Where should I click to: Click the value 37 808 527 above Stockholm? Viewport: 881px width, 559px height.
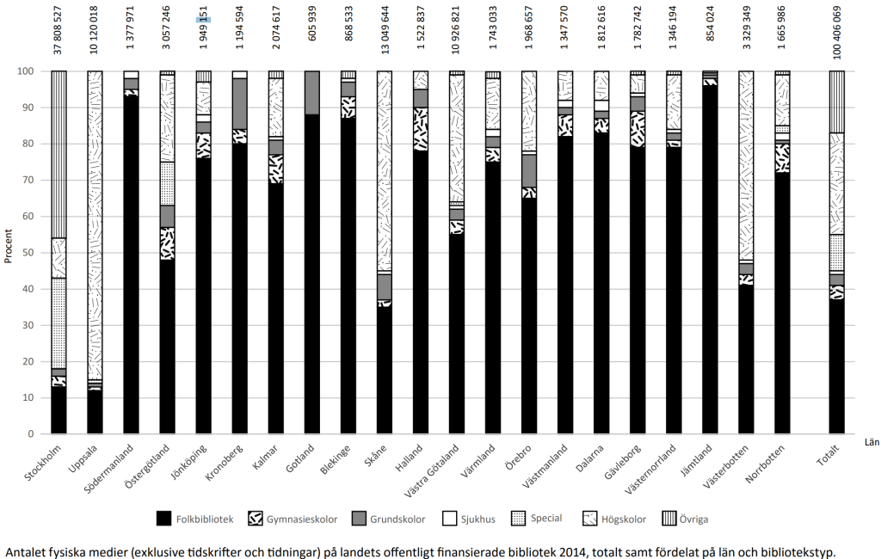tap(59, 31)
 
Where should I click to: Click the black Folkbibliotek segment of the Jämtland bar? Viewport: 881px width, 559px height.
tap(710, 258)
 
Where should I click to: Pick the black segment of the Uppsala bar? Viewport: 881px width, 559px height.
tap(95, 413)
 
